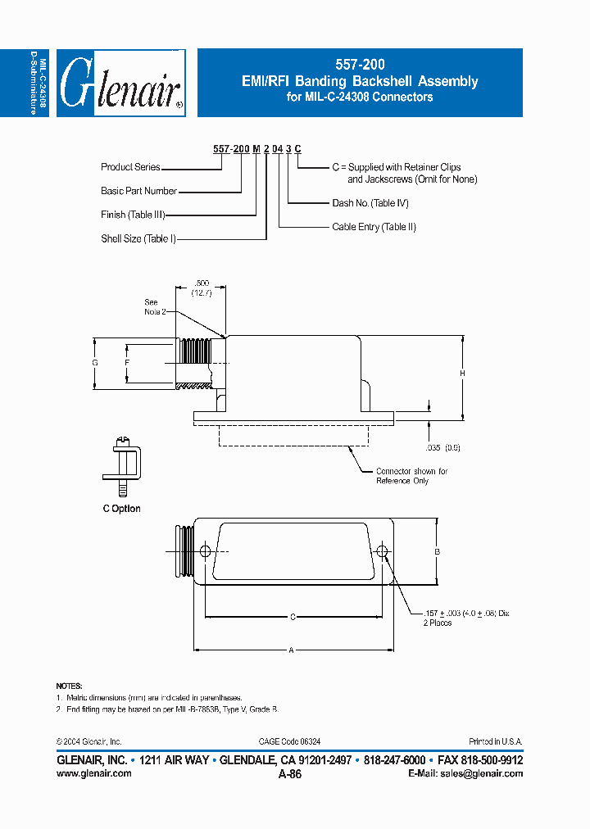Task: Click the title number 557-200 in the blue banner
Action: click(360, 64)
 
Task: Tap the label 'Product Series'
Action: click(130, 167)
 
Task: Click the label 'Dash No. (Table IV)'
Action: click(370, 202)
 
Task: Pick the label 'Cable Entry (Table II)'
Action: click(374, 227)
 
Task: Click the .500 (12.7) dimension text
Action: click(201, 288)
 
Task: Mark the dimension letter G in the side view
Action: click(95, 363)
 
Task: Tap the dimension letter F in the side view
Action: click(127, 362)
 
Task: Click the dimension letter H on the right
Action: click(462, 374)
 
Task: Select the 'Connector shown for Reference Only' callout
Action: click(411, 476)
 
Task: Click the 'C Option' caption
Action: click(121, 509)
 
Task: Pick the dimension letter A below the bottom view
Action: click(290, 650)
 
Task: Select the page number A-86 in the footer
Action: click(290, 774)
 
